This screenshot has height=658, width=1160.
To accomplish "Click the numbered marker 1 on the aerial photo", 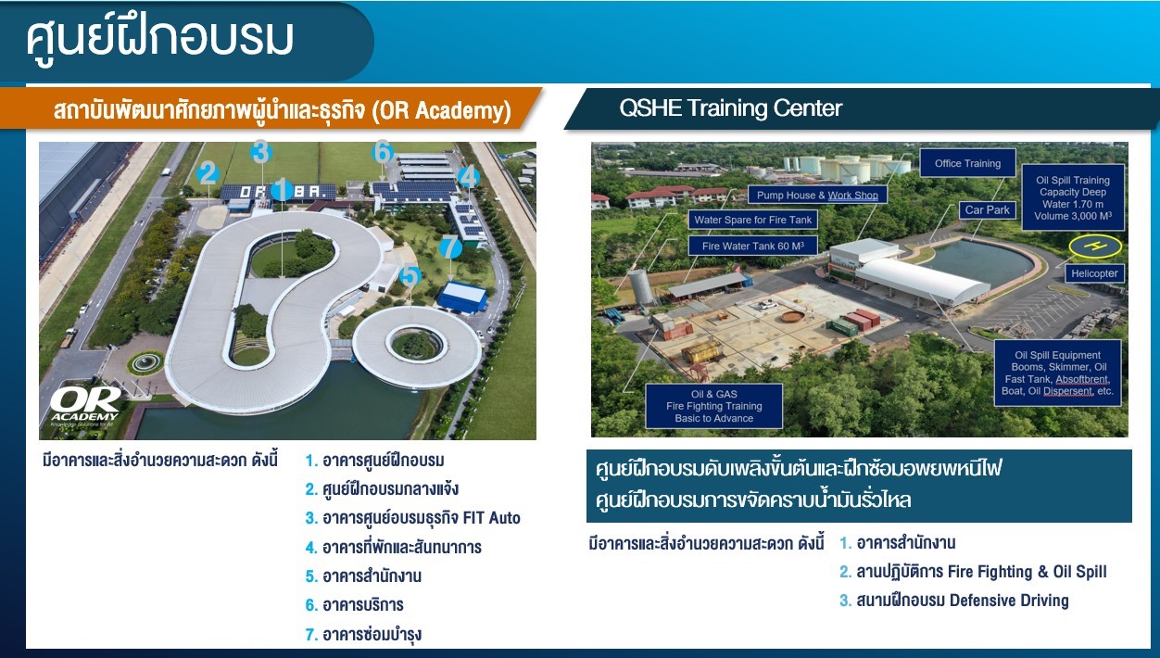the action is tap(283, 189).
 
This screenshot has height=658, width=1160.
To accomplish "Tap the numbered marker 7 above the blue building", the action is tap(450, 247).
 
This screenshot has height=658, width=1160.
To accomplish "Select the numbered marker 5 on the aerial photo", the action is tap(410, 276).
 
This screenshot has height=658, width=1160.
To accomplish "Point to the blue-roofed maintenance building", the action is tap(462, 296).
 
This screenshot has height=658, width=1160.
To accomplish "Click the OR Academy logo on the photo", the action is tap(85, 406).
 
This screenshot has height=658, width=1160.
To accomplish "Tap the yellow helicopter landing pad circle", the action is tap(1095, 247).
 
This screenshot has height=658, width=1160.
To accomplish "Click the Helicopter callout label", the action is tap(1094, 273).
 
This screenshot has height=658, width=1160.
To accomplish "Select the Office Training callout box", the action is tap(967, 163).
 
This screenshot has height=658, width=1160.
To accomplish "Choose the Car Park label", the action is tap(987, 209).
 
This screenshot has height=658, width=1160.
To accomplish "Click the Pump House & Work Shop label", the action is tap(817, 196).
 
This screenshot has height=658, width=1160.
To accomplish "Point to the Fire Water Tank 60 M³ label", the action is tap(753, 247).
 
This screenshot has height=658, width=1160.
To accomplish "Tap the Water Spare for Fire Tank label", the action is tap(753, 220).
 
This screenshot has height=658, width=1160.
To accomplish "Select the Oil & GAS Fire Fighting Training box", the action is tap(713, 406).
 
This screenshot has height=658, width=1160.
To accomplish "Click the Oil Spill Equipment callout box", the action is tap(1057, 373).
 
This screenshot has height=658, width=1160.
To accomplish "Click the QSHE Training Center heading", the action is tap(730, 108).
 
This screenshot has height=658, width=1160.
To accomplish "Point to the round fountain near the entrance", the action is tap(145, 362).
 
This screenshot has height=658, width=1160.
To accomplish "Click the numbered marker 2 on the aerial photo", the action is tap(208, 172).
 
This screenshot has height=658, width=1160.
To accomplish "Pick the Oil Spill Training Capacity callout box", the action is tap(1073, 198).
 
